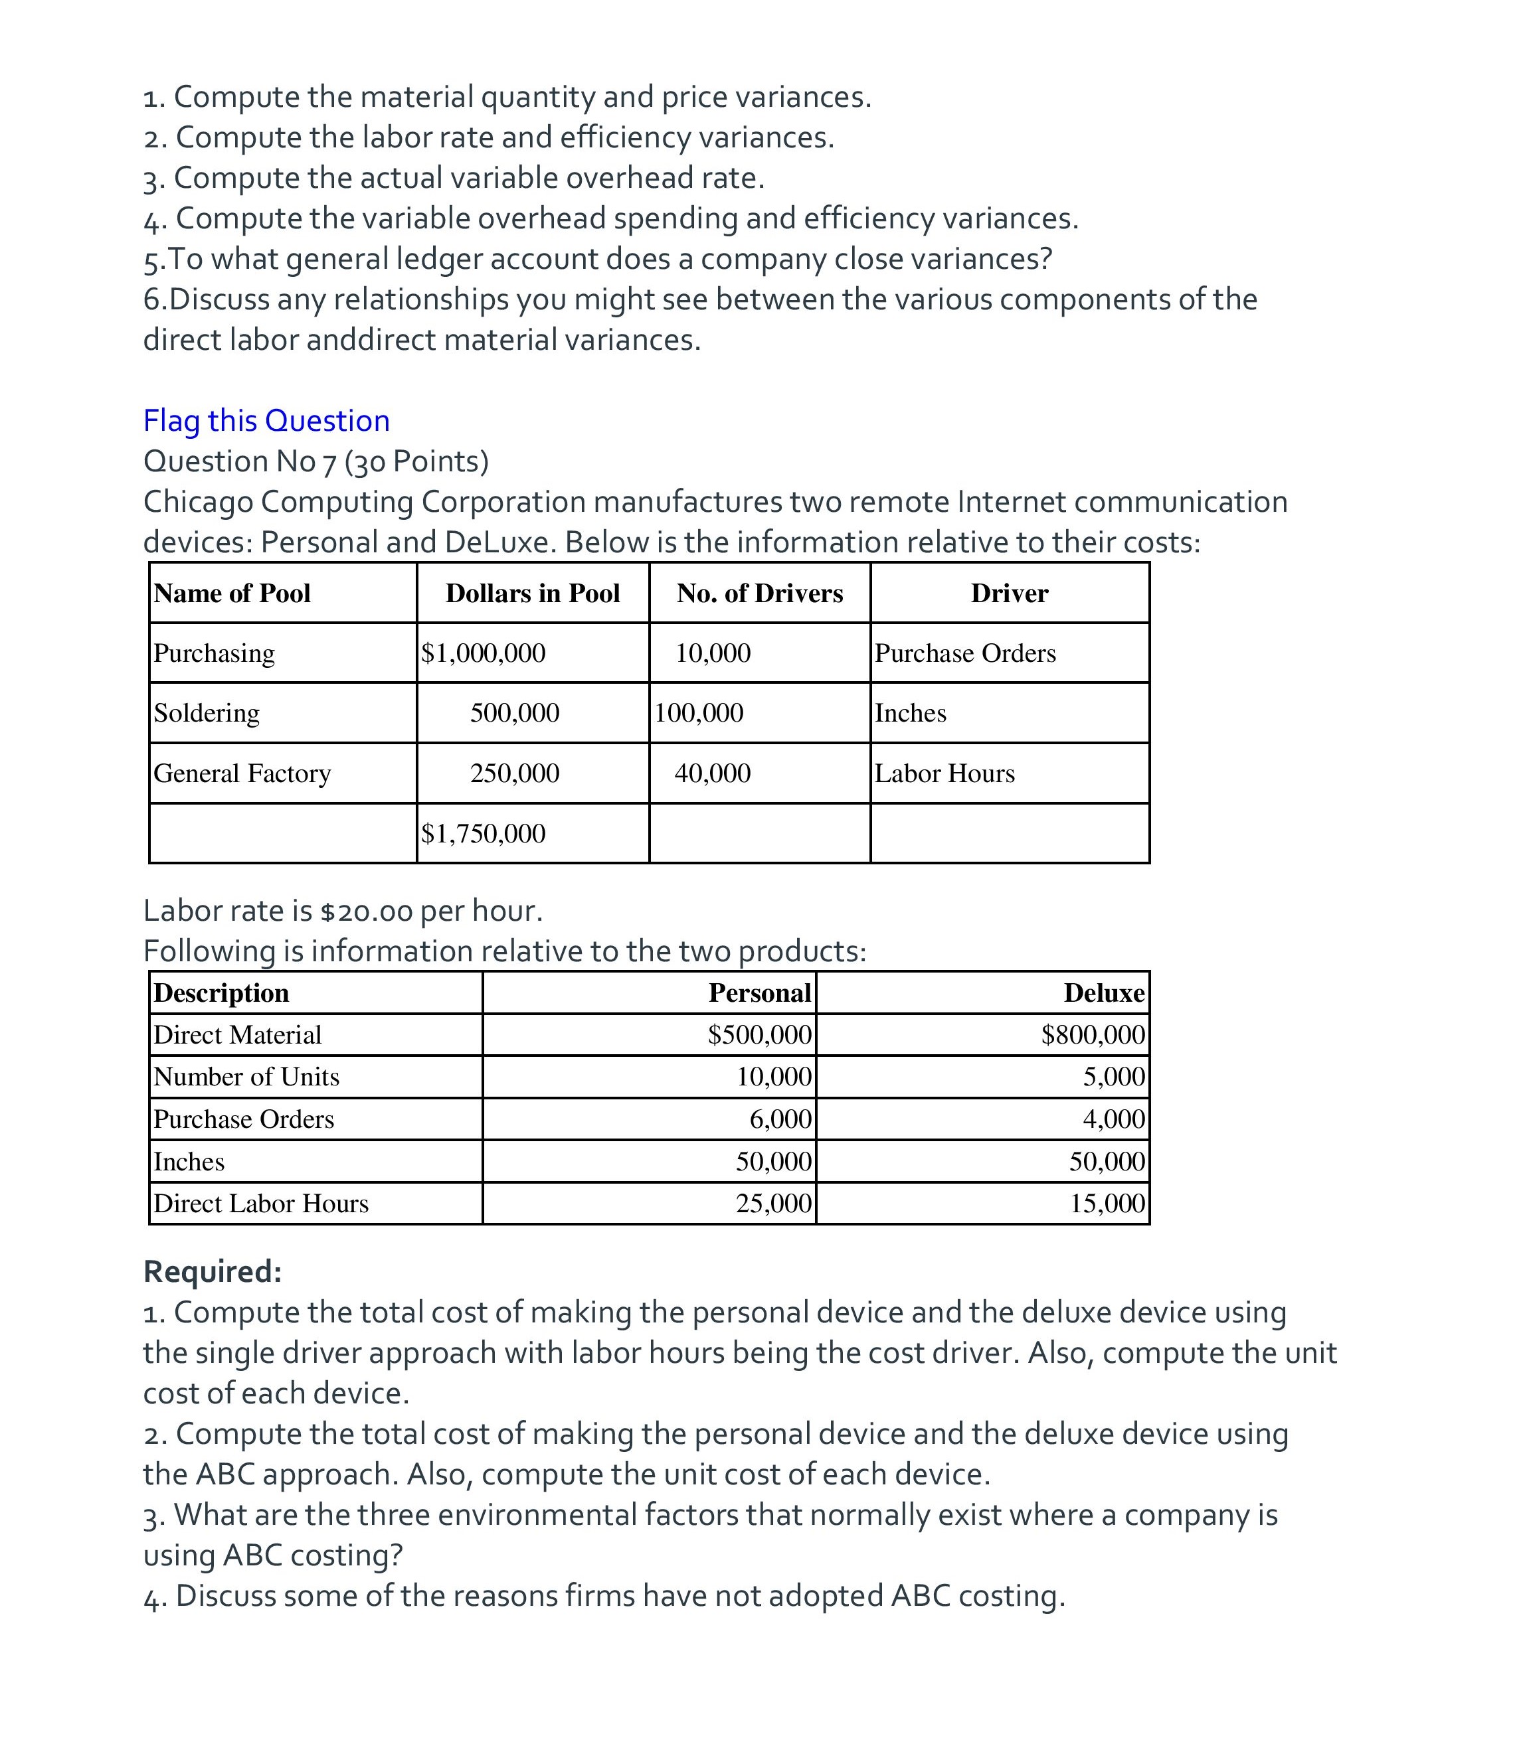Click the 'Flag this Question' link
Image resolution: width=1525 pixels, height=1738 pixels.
pyautogui.click(x=266, y=421)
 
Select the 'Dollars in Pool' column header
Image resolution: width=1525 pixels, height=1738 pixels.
pyautogui.click(x=533, y=593)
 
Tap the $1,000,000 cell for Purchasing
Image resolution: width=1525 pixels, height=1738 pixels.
pyautogui.click(x=483, y=653)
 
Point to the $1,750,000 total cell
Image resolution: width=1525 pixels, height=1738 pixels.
pyautogui.click(x=483, y=833)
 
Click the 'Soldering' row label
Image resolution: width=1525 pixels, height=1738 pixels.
pyautogui.click(x=207, y=712)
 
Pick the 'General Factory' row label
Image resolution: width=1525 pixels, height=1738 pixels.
pyautogui.click(x=242, y=773)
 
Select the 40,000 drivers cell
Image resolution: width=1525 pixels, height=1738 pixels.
pyautogui.click(x=713, y=773)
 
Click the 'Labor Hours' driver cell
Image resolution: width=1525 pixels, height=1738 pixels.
pyautogui.click(x=945, y=773)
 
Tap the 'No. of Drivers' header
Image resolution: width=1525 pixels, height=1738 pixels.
pyautogui.click(x=760, y=593)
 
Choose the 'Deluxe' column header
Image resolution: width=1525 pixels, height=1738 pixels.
pyautogui.click(x=1104, y=993)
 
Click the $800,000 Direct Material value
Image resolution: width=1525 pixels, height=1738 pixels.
pyautogui.click(x=1093, y=1035)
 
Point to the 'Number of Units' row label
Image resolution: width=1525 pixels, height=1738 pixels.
pyautogui.click(x=246, y=1077)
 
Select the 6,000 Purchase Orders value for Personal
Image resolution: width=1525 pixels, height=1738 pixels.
pyautogui.click(x=780, y=1119)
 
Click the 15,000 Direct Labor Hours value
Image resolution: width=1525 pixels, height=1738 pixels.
pyautogui.click(x=1107, y=1203)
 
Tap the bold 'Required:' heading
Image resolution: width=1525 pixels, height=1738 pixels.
pyautogui.click(x=213, y=1271)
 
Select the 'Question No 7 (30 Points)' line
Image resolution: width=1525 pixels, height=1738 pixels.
pyautogui.click(x=316, y=461)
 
